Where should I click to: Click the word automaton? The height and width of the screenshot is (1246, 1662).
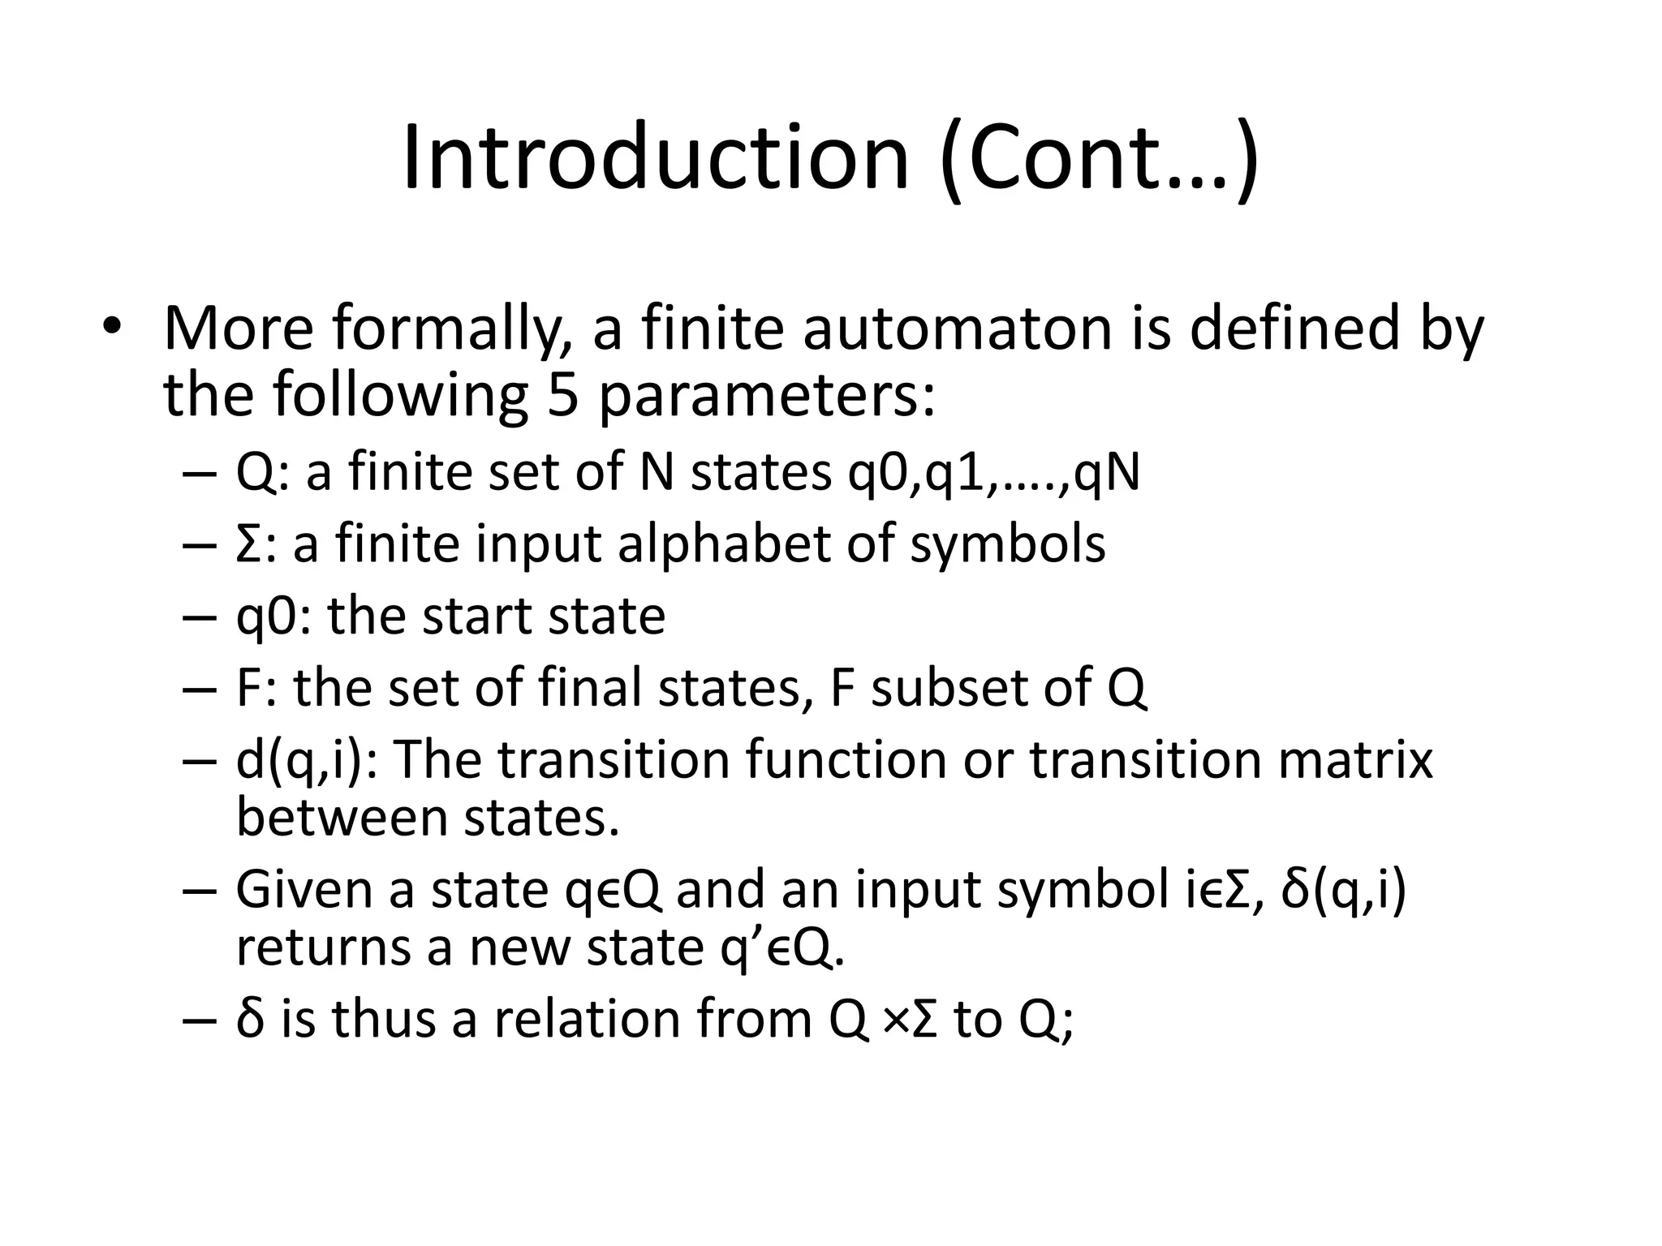tap(958, 329)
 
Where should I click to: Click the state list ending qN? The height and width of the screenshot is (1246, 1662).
tap(993, 472)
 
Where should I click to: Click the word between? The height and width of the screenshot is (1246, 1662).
tap(342, 817)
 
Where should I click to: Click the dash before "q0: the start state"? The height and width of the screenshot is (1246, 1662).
tap(200, 617)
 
